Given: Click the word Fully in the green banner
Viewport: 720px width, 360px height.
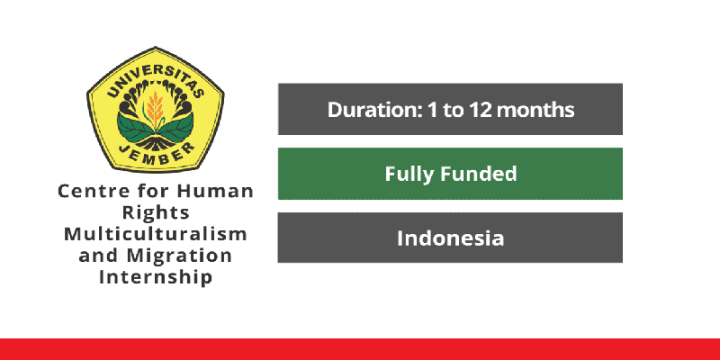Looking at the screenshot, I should [410, 174].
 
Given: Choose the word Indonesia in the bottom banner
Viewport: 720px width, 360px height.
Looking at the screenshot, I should [450, 238].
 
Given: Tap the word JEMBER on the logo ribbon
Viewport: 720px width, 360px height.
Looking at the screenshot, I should [155, 150].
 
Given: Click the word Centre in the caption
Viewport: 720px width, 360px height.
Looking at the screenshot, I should [88, 192].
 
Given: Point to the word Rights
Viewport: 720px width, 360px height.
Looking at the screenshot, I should [155, 213].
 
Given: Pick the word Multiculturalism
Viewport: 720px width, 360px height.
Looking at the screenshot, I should [155, 234].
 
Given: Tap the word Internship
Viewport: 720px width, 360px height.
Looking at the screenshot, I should [155, 277].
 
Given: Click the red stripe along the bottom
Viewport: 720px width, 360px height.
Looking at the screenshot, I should [360, 349].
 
